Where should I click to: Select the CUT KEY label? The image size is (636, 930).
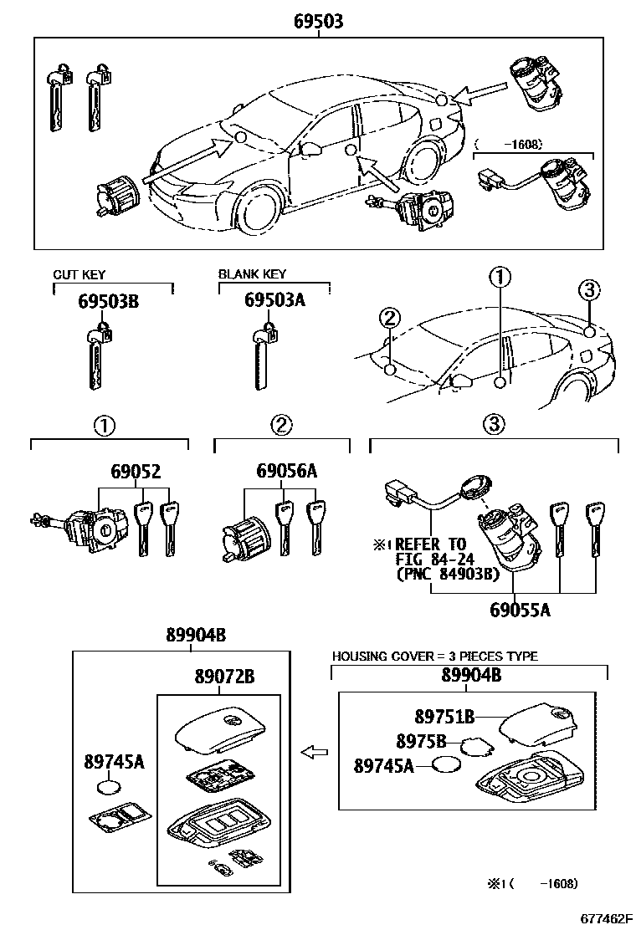pos(79,274)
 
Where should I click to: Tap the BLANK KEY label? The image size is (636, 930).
pos(252,273)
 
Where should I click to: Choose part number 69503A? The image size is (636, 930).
pos(275,301)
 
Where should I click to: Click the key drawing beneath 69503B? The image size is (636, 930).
pos(95,355)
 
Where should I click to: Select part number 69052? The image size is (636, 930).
pos(134,473)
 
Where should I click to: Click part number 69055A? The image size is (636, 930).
pos(520,610)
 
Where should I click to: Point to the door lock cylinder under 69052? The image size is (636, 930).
pos(96,527)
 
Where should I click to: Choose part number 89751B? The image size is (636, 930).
pos(444,717)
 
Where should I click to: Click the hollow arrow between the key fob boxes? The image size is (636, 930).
pos(314,753)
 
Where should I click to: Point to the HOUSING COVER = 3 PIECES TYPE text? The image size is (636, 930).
pos(435,657)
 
